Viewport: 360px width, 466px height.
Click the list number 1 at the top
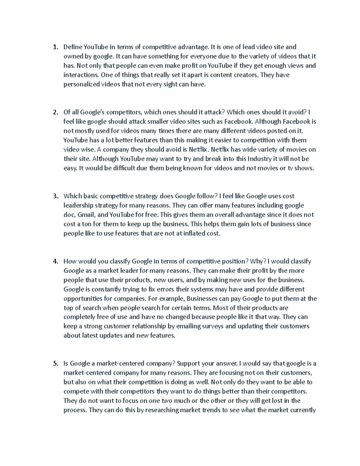click(x=55, y=47)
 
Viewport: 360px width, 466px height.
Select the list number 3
click(x=55, y=196)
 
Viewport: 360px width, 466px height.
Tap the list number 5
click(x=55, y=364)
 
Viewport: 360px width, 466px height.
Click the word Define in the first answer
click(x=73, y=47)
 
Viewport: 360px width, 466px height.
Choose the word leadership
click(x=78, y=206)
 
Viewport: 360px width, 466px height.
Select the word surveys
click(x=212, y=326)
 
